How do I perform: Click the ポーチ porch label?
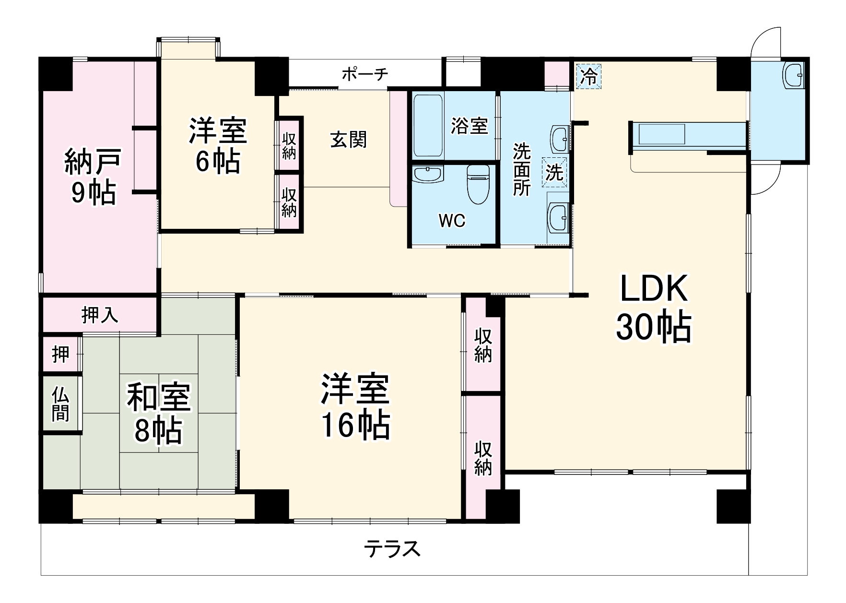click(364, 74)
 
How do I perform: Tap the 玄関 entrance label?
click(349, 140)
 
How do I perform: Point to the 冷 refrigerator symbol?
click(588, 77)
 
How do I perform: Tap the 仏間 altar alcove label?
click(60, 404)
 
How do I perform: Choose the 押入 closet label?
click(100, 315)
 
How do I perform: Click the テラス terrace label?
click(392, 549)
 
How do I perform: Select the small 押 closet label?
click(60, 355)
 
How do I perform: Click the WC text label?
click(452, 221)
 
